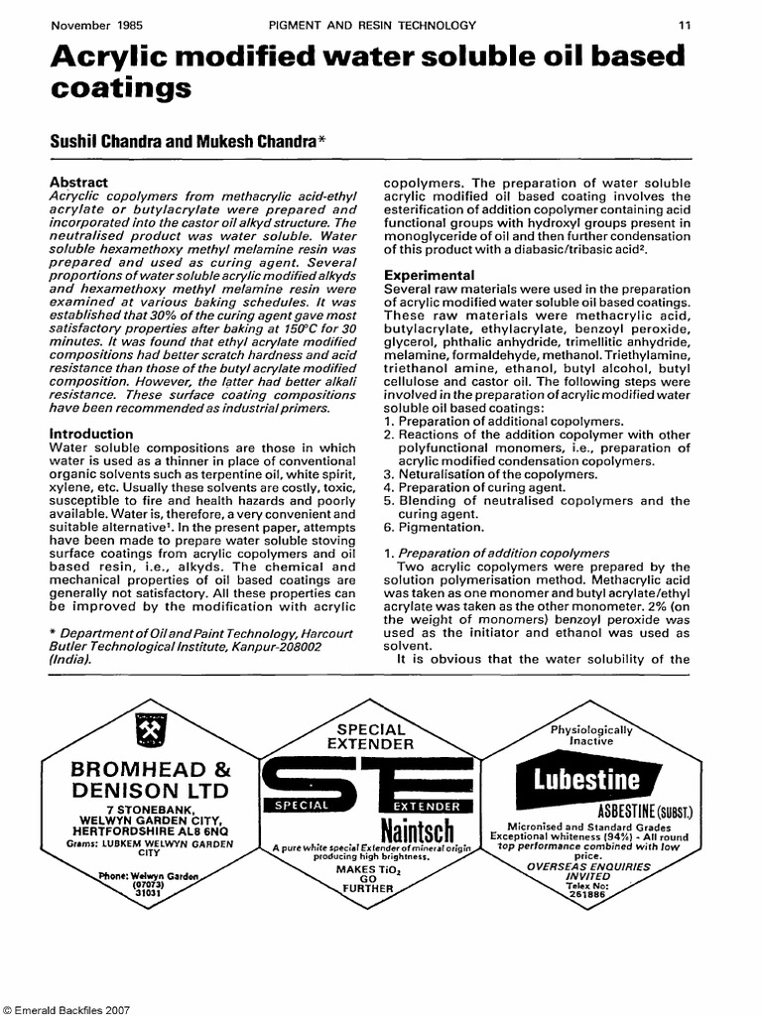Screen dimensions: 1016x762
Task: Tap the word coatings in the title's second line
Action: pyautogui.click(x=120, y=91)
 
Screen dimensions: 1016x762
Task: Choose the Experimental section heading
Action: pyautogui.click(x=431, y=274)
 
